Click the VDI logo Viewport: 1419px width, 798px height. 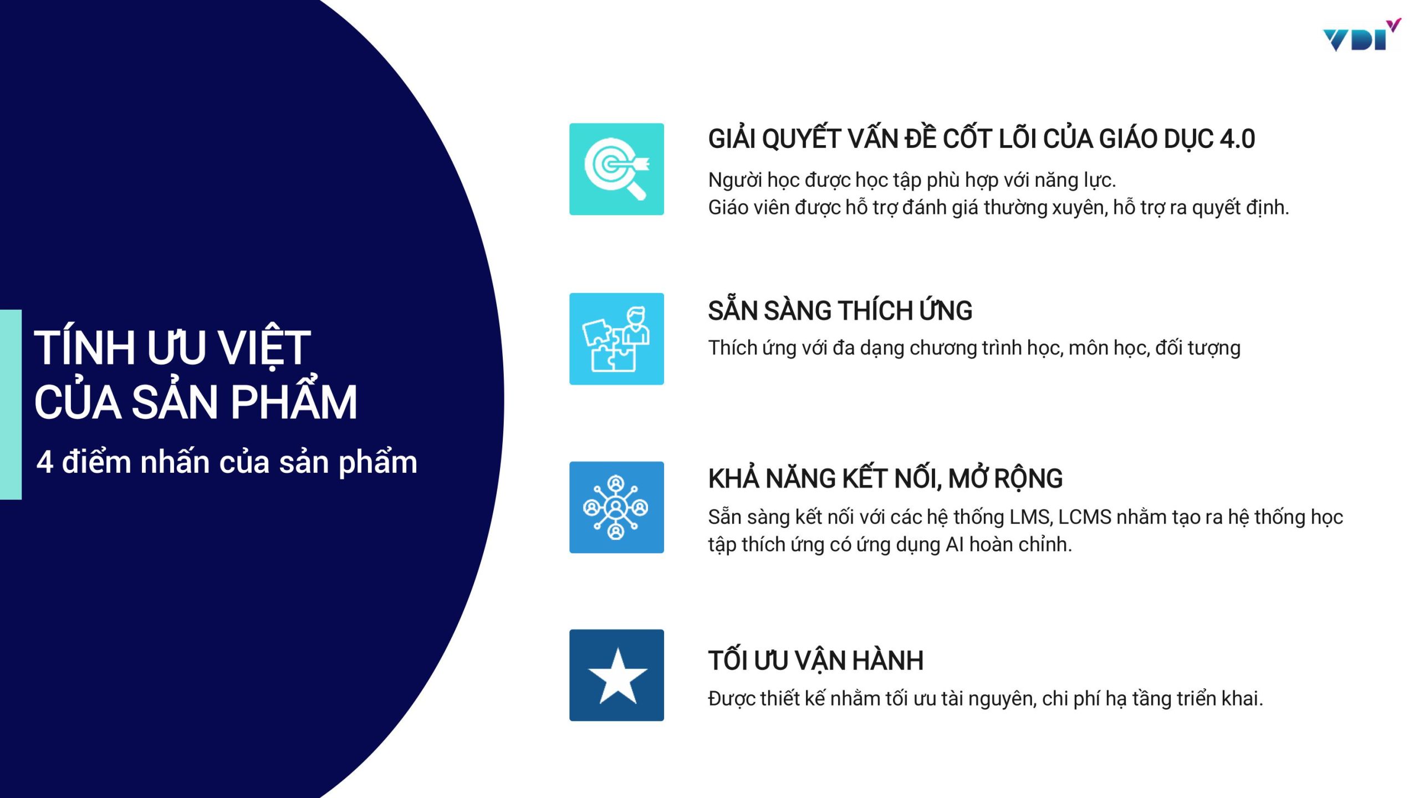[x=1361, y=35]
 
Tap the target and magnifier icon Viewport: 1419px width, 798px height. [x=616, y=168]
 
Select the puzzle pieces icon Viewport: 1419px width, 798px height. [x=616, y=339]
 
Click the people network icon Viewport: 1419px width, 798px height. [x=616, y=507]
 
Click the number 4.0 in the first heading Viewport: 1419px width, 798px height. [x=1237, y=139]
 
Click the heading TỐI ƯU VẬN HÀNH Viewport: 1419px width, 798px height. [x=815, y=659]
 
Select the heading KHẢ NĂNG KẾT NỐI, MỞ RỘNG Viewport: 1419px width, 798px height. [x=885, y=478]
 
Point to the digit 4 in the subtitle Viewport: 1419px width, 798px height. [x=45, y=462]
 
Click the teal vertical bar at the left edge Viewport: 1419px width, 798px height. [x=11, y=405]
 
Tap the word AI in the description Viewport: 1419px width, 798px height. [x=954, y=545]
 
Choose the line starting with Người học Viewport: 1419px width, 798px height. [x=912, y=181]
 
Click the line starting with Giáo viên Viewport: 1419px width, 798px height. [x=998, y=208]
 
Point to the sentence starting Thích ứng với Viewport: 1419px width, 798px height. [x=974, y=349]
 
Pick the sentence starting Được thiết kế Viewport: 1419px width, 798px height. [x=986, y=699]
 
